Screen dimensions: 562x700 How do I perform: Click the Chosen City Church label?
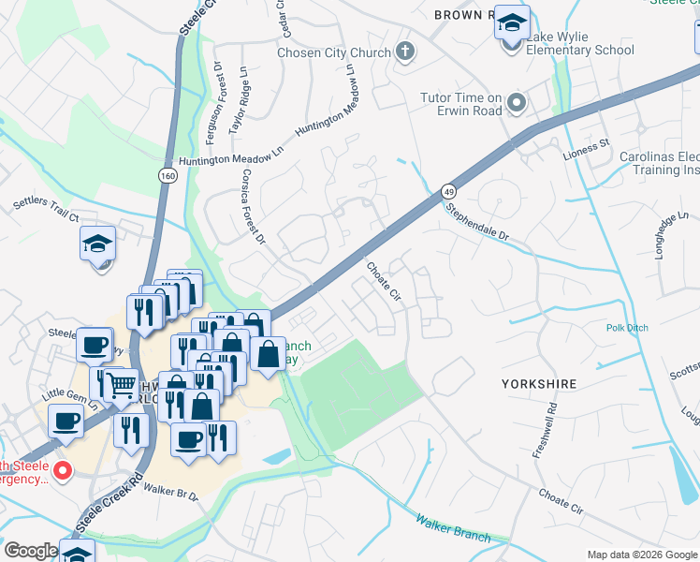tap(333, 52)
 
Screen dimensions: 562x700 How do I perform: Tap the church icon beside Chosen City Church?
tap(405, 52)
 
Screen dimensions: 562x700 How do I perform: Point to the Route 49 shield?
tap(449, 190)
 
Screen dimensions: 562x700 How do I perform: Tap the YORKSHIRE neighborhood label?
tap(538, 384)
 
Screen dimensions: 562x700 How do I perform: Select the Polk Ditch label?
tap(627, 329)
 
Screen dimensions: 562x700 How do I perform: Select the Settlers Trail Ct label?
tap(46, 209)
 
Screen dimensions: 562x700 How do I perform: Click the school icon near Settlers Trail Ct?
tap(97, 244)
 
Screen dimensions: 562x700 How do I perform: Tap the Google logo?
tap(31, 552)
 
